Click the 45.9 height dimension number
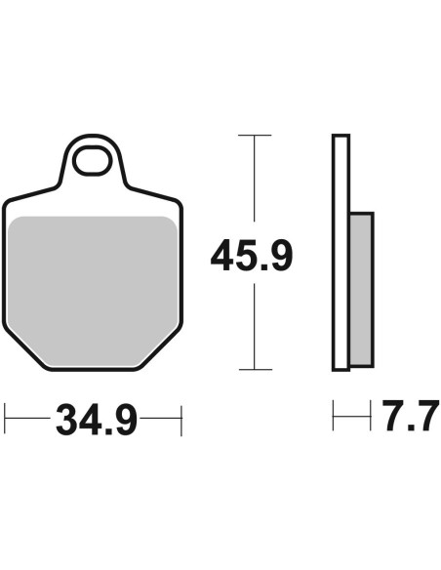point(252,255)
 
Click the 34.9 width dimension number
point(97,420)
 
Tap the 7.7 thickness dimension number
point(411,416)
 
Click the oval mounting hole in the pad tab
point(93,160)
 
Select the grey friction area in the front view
point(93,291)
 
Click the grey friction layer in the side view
point(361,289)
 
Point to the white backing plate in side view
point(341,253)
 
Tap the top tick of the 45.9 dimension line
point(255,136)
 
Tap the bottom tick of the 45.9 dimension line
point(256,369)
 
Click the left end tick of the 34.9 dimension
point(5,418)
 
